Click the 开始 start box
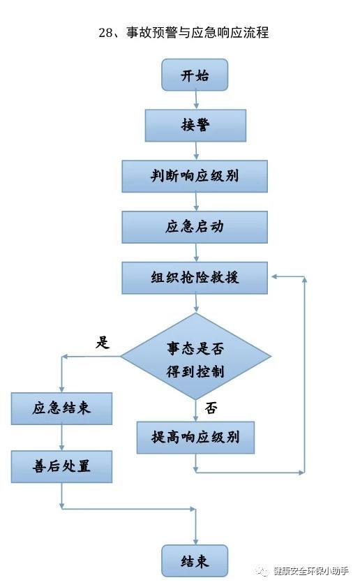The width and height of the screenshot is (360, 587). coord(195,75)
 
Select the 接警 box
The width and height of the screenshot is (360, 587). coord(195,126)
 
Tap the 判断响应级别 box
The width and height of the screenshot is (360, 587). coord(195,177)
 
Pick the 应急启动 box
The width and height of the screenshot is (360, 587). coord(195,228)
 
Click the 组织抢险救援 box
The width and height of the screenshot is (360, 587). coord(195,278)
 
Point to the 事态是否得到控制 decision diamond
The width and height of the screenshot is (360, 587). coord(195,357)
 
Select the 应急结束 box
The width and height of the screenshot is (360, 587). coord(61,408)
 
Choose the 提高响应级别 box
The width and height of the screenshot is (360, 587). coord(195,438)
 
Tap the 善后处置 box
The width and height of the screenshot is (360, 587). coord(61,466)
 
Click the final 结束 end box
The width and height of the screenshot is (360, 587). coord(195,560)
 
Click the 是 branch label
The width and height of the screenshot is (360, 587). coord(103,342)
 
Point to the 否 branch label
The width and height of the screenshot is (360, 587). coord(211,408)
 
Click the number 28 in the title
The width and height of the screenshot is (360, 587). coord(105,33)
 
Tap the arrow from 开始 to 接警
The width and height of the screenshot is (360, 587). coord(196,100)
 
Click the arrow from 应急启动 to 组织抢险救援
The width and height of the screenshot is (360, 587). coord(196,253)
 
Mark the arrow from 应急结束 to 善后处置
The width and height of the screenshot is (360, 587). coord(61,438)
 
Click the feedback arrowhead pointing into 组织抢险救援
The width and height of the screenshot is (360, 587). coord(274,276)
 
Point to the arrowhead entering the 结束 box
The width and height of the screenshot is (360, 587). coord(195,542)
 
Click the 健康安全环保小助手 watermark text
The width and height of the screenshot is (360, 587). coord(311,571)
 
